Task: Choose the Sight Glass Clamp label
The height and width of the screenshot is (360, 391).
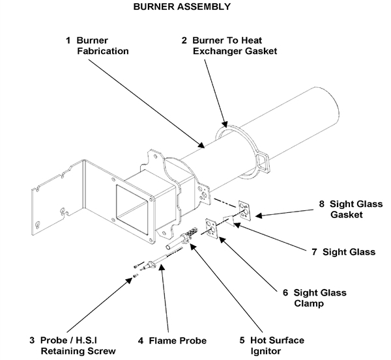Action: pyautogui.click(x=315, y=298)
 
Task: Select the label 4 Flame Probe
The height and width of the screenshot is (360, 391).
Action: pyautogui.click(x=172, y=340)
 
